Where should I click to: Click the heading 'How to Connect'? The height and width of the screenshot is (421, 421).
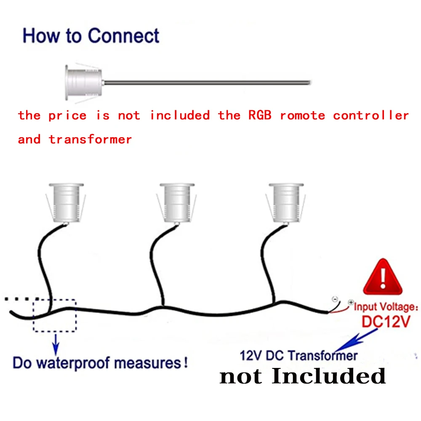(x=91, y=36)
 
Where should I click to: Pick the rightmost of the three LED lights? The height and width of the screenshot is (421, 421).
(x=286, y=203)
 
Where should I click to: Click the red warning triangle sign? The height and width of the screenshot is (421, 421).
(x=382, y=278)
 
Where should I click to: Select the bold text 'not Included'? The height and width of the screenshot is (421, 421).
(x=302, y=376)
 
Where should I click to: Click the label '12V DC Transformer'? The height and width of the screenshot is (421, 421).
(x=298, y=356)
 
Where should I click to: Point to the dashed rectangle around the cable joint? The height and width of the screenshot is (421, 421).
(x=55, y=315)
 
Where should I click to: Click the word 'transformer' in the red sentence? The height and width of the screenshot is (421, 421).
(x=90, y=139)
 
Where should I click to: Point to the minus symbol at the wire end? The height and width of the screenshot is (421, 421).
(x=335, y=299)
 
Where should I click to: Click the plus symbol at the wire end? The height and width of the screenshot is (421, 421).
(x=350, y=303)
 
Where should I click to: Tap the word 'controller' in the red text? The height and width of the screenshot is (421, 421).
(x=370, y=115)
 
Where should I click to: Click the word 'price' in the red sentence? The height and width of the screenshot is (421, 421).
(x=67, y=115)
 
